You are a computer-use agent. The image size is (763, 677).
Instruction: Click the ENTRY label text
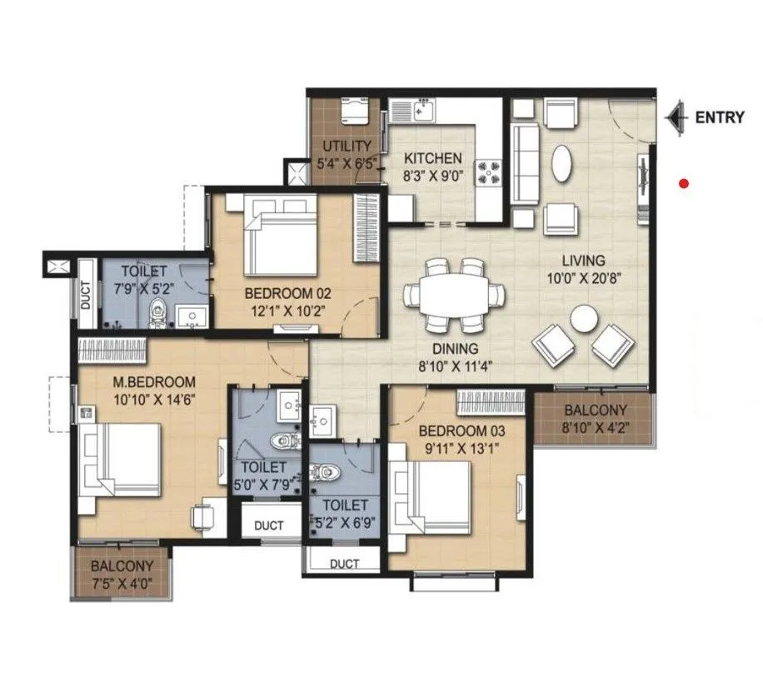click(x=719, y=117)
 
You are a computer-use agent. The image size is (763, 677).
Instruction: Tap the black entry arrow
click(x=676, y=117)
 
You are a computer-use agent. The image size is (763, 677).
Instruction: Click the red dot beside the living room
click(x=684, y=183)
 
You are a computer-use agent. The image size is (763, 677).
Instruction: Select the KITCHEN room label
click(x=432, y=158)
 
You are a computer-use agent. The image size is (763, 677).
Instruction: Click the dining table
click(x=455, y=296)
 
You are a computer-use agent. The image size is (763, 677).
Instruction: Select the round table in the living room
click(x=584, y=317)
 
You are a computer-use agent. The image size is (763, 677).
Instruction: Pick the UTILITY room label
click(x=341, y=147)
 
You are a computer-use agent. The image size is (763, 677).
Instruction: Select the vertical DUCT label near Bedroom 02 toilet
click(x=87, y=295)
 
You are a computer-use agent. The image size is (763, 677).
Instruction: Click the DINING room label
click(x=455, y=349)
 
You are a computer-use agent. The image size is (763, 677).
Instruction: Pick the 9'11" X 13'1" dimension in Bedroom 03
click(x=461, y=449)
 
